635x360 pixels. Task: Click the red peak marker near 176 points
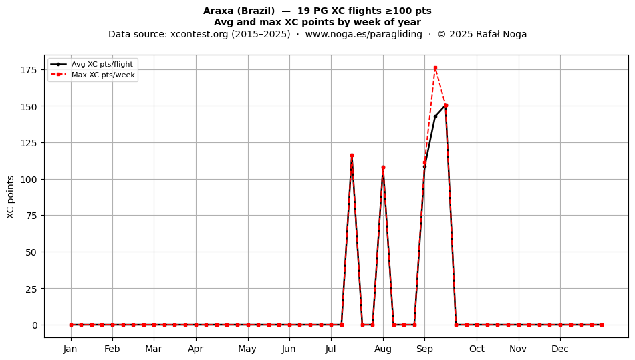point(435,68)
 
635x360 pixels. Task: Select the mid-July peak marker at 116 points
point(352,156)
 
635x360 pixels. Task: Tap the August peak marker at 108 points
point(383,167)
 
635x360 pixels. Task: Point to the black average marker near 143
point(435,116)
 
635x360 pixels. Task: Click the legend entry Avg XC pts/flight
point(102,64)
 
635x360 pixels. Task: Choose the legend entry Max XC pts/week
point(103,75)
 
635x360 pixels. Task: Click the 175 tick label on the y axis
point(29,70)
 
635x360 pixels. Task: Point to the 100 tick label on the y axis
point(29,179)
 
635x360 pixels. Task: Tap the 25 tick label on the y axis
point(32,289)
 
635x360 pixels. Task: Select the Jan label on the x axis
point(70,349)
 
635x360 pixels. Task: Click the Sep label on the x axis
point(424,349)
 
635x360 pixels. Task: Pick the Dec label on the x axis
point(560,349)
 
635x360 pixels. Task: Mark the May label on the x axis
point(247,349)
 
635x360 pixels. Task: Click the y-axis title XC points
point(11,197)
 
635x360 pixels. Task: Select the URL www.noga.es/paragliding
point(364,34)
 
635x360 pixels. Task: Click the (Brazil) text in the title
point(254,11)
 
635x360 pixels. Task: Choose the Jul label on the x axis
point(331,349)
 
